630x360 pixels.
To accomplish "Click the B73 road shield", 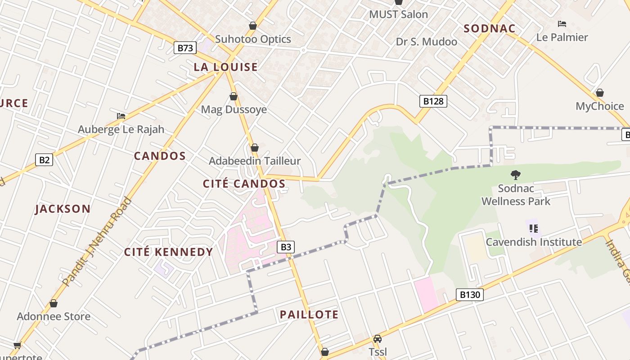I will tap(184, 48).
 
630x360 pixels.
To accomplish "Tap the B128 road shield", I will tap(433, 101).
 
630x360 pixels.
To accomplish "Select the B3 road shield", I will tap(286, 247).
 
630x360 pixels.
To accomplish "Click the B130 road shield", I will tap(470, 295).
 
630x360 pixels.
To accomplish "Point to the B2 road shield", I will tap(44, 159).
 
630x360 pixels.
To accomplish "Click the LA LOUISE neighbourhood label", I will tap(225, 67).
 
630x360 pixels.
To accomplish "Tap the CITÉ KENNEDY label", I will tap(168, 252).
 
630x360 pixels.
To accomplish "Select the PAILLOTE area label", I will tap(309, 315).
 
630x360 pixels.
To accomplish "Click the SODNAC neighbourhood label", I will tap(490, 29).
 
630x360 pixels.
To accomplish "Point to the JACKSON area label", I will tap(63, 209).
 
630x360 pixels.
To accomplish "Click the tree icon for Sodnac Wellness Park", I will tap(516, 175).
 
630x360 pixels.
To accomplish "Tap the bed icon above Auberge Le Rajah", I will tap(121, 116).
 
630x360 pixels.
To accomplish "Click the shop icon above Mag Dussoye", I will tap(233, 96).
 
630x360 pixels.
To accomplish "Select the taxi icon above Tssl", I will tap(377, 339).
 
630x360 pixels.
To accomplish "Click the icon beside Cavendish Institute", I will tap(534, 229).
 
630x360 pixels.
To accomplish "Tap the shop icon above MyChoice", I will tap(599, 93).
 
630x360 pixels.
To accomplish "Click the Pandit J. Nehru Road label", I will tap(96, 242).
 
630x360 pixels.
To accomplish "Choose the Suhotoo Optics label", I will tap(253, 39).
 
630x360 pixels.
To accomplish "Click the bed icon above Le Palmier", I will tap(562, 23).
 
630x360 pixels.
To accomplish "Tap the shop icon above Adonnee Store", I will tap(54, 303).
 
